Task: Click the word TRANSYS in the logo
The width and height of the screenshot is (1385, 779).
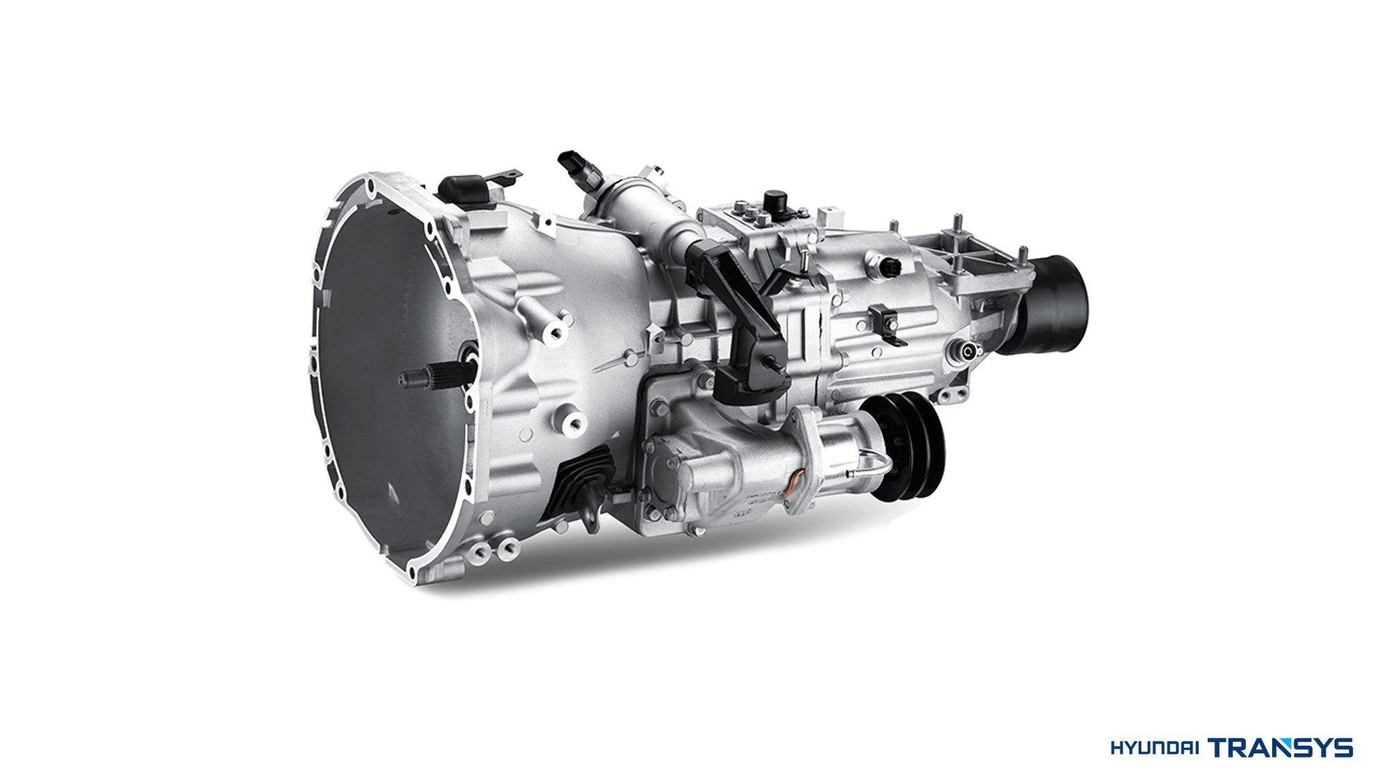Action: [1280, 747]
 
